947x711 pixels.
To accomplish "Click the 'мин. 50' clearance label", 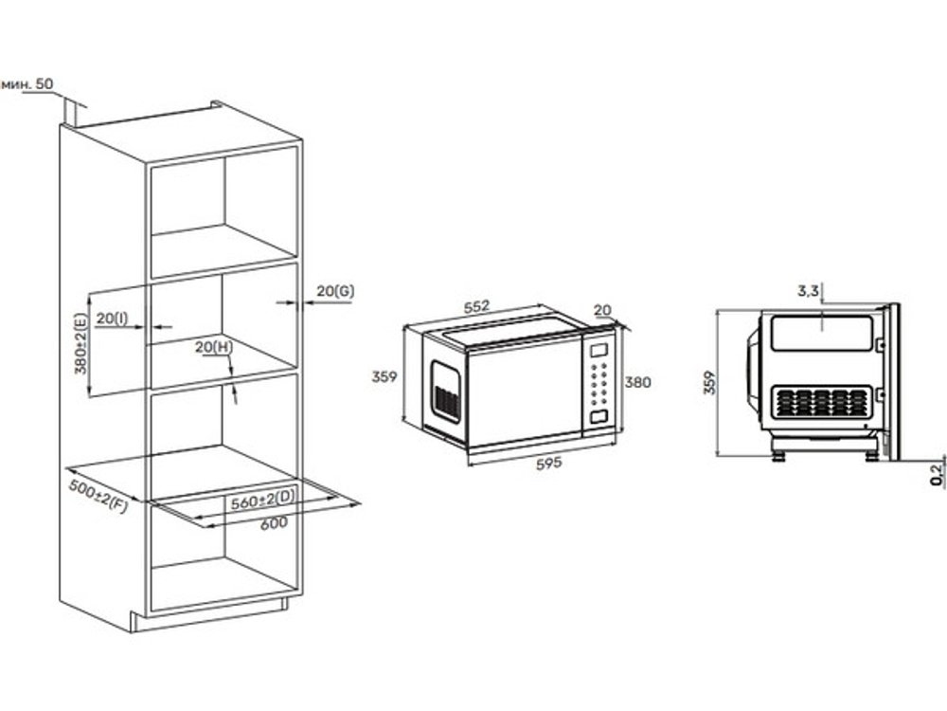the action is (27, 84).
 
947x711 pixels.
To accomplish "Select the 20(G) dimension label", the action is (335, 291).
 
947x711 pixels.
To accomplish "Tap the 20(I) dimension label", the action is (113, 318).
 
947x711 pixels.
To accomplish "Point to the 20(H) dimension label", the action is (214, 346).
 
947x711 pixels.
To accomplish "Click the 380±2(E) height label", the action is (80, 343).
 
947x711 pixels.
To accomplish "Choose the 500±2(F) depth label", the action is (98, 496).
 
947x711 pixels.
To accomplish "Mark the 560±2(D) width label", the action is (263, 500).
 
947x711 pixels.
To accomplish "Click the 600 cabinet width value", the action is (274, 523).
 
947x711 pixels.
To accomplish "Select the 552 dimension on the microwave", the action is (476, 306).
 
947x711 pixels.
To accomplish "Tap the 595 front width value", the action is (549, 464).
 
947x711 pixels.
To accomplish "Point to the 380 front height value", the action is (637, 382).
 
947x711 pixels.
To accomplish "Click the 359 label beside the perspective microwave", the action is (384, 376).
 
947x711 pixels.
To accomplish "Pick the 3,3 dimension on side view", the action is (808, 291).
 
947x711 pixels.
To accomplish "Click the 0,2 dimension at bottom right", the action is (938, 475).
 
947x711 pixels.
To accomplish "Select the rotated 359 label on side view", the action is (710, 383).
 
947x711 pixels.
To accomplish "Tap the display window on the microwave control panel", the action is (599, 350).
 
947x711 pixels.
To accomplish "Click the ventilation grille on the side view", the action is (822, 402).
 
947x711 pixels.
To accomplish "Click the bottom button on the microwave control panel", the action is (599, 416).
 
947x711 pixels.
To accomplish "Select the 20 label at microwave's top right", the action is (602, 310).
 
